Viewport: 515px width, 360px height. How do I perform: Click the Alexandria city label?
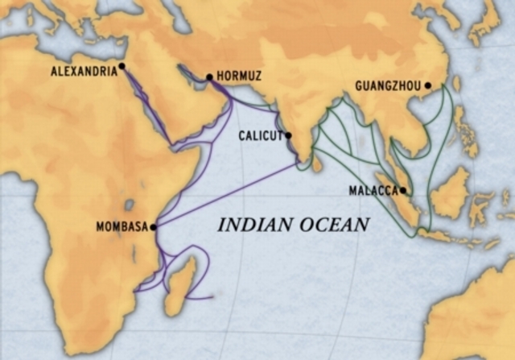84,71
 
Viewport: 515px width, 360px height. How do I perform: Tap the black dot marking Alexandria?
122,66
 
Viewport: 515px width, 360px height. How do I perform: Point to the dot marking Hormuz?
209,78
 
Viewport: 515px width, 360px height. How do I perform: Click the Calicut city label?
260,136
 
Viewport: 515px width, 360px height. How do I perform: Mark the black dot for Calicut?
288,135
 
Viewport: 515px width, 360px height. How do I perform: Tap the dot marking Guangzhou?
428,85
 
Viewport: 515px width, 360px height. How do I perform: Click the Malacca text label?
373,191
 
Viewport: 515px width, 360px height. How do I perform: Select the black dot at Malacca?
403,191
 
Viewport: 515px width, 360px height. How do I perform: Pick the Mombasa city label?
122,227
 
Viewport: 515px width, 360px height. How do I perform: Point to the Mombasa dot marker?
153,227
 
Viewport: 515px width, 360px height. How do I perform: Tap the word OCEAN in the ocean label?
332,225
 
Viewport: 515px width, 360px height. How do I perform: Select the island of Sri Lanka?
317,163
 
